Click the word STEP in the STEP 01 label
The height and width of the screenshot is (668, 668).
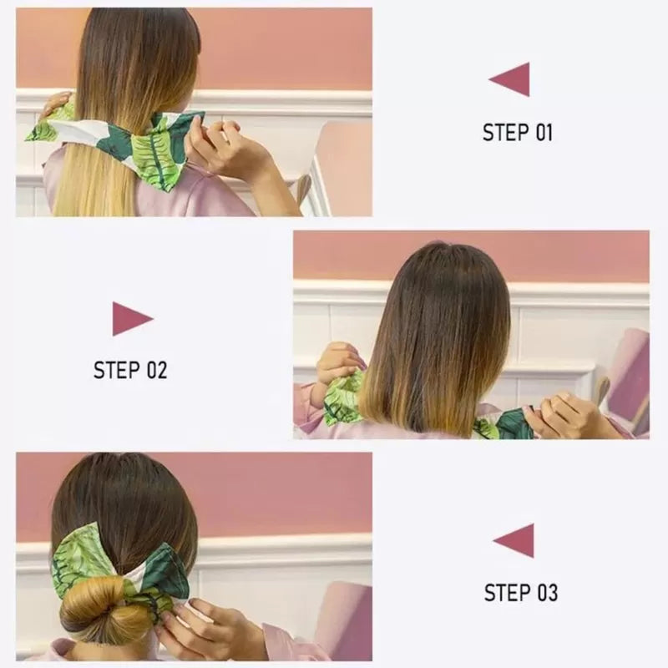[x=504, y=132]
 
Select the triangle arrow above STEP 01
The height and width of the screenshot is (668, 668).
[x=510, y=79]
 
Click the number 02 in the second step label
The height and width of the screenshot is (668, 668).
[x=156, y=370]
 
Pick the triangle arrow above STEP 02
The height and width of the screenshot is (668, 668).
[x=132, y=318]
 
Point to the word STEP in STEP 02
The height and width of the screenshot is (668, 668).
[x=117, y=370]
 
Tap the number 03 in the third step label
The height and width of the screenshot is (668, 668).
[x=547, y=593]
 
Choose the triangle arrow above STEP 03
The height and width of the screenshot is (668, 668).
[x=514, y=540]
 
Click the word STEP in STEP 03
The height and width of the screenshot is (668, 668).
[x=507, y=593]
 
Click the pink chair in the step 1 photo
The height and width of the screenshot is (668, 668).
[x=342, y=167]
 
